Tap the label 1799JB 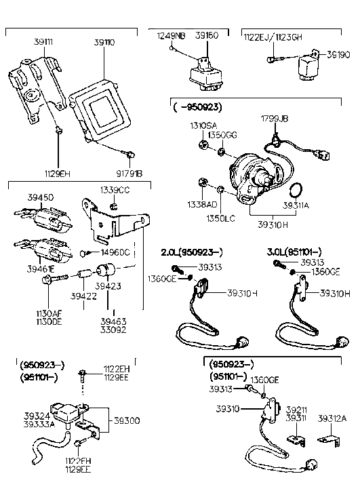tap(275, 118)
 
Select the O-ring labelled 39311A tap(296, 190)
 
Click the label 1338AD tap(201, 203)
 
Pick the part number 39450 tap(40, 197)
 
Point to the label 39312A tap(332, 418)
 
